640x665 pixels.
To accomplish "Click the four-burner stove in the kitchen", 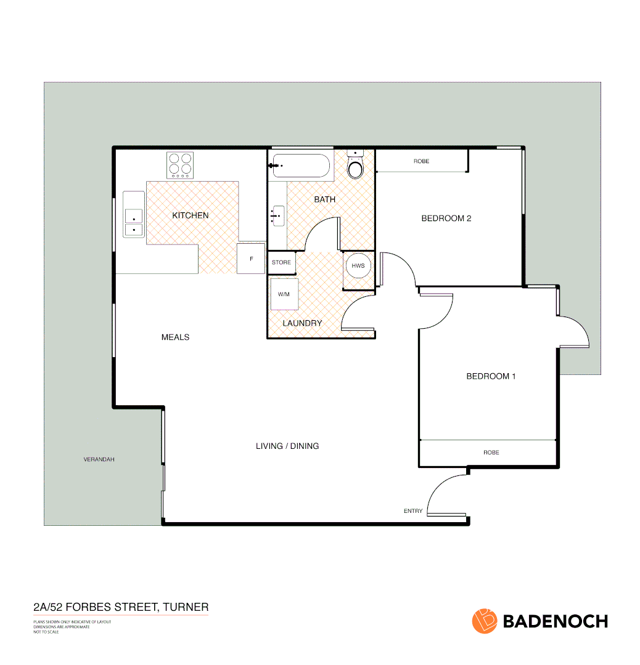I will point(180,164).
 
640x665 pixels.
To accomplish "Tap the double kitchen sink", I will point(133,222).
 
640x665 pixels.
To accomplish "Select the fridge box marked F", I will point(251,259).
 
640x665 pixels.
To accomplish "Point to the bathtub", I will point(300,166).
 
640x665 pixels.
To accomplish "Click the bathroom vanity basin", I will point(278,215).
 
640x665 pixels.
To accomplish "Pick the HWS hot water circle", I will point(358,266).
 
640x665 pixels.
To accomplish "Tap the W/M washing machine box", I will point(284,294).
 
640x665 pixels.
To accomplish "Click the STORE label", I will point(281,262).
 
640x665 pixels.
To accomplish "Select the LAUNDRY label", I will point(302,323).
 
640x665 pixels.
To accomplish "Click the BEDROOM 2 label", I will point(446,218).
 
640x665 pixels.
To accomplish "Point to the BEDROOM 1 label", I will point(491,376).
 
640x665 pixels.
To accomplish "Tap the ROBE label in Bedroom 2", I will point(422,161).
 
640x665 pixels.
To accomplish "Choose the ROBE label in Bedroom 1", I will point(491,453).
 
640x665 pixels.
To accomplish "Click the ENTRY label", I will point(413,511).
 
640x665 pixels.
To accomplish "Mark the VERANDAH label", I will point(99,459).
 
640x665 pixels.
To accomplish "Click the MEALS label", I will point(175,337).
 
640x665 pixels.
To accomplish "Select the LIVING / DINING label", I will point(287,446).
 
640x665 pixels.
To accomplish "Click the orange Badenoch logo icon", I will point(485,621).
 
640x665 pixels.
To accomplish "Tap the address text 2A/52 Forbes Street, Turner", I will point(121,607).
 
